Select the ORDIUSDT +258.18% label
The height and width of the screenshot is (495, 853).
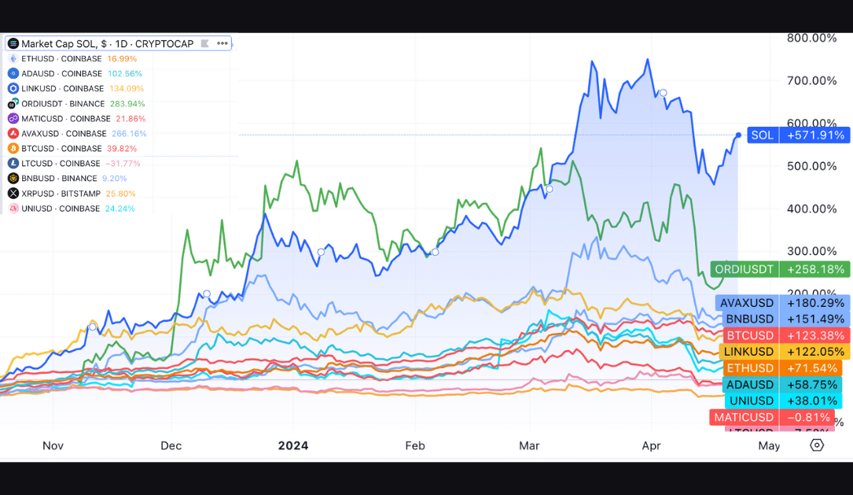tap(780, 270)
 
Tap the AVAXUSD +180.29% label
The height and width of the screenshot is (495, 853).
tap(783, 303)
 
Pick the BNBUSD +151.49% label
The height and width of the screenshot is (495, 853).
tap(783, 319)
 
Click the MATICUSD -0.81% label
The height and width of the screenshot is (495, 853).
tap(770, 417)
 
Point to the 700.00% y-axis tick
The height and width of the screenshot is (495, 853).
tap(812, 80)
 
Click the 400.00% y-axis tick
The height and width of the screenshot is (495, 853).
tap(812, 209)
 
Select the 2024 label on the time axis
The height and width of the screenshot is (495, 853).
tap(293, 445)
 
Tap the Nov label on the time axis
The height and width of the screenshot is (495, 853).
tap(53, 445)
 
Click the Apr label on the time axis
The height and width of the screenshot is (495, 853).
tap(652, 445)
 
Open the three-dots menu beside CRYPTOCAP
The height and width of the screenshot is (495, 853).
tap(222, 43)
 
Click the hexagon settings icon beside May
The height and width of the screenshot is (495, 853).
tap(817, 445)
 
